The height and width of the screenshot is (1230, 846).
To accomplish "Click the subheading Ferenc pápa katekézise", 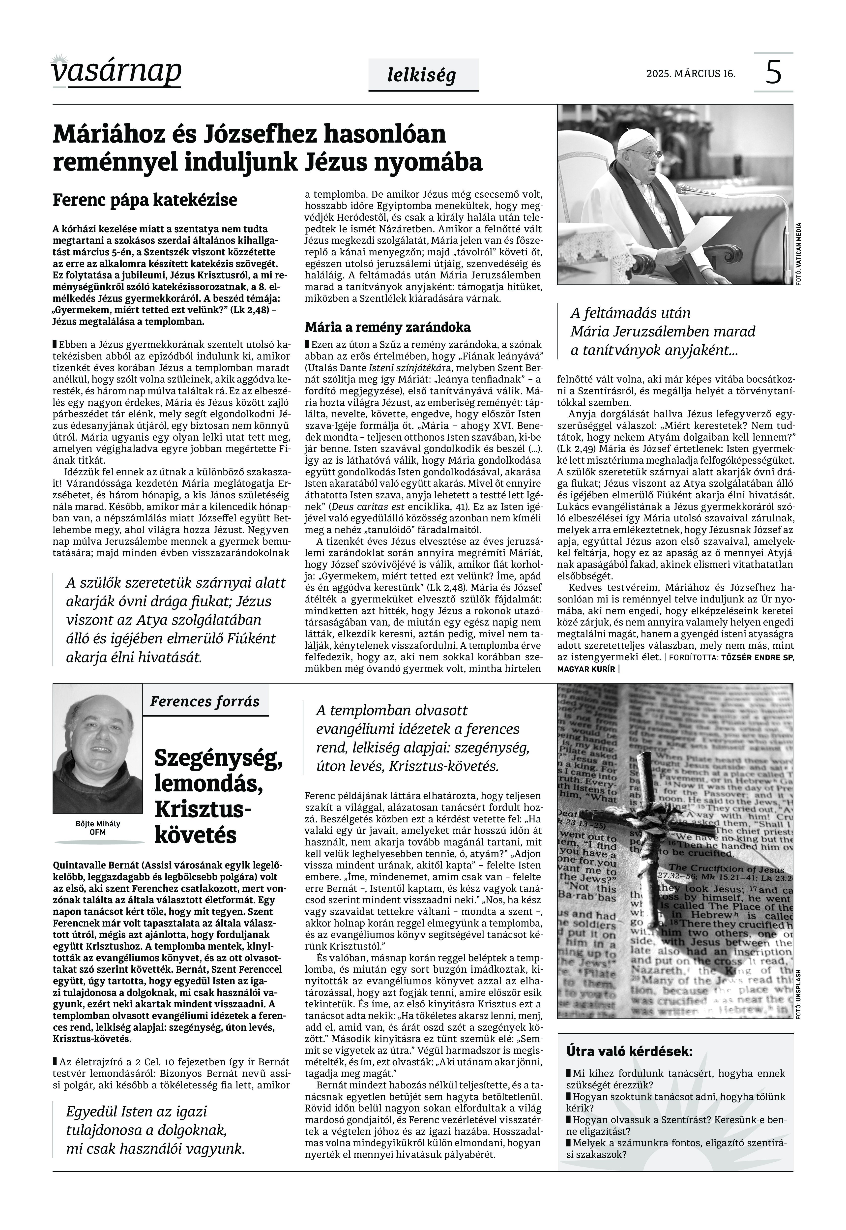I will point(145,200).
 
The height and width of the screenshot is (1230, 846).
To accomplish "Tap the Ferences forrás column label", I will point(204,701).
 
